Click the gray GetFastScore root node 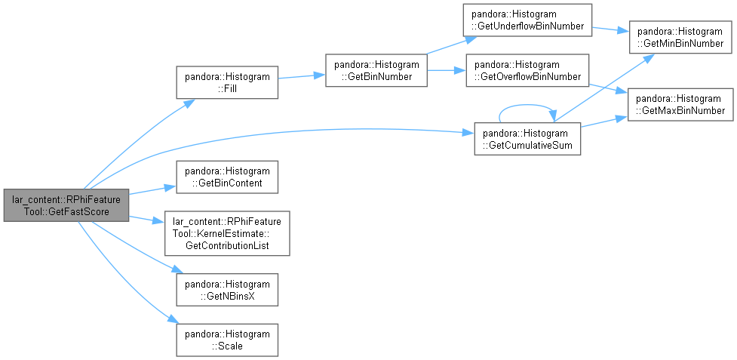point(66,205)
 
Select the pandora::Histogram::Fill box point(227,82)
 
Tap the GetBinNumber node point(376,70)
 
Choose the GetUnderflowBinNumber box point(527,20)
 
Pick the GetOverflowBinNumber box point(527,70)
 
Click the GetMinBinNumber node point(680,37)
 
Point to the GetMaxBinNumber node point(680,104)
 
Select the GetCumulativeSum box point(527,139)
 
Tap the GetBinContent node point(227,177)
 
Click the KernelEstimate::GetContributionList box point(227,233)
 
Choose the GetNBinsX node point(227,290)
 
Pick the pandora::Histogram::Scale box point(227,340)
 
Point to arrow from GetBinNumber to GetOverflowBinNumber point(447,70)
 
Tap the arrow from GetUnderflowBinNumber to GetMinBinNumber point(610,29)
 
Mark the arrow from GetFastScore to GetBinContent point(152,190)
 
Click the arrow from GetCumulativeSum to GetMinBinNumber point(604,88)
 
